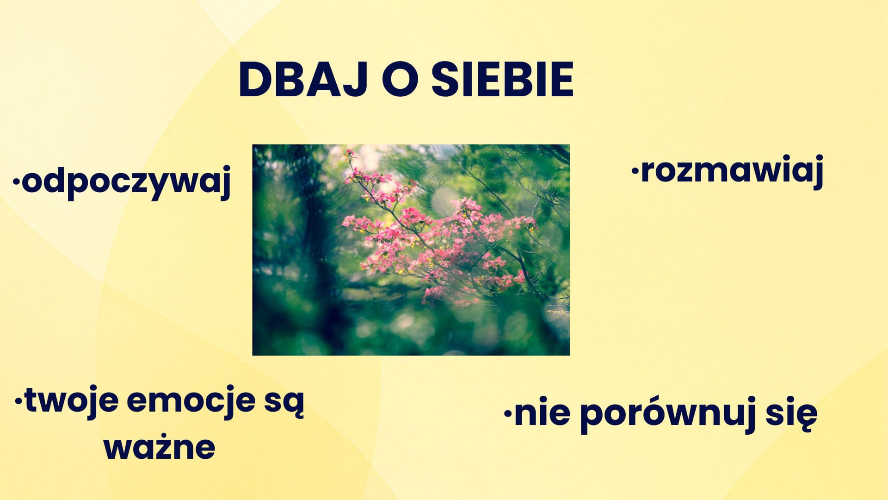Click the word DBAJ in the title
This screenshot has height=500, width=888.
coord(302,79)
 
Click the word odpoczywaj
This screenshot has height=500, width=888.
coord(126,183)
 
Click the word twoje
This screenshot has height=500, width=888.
coord(71,401)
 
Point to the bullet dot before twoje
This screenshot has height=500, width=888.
coord(19,401)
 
